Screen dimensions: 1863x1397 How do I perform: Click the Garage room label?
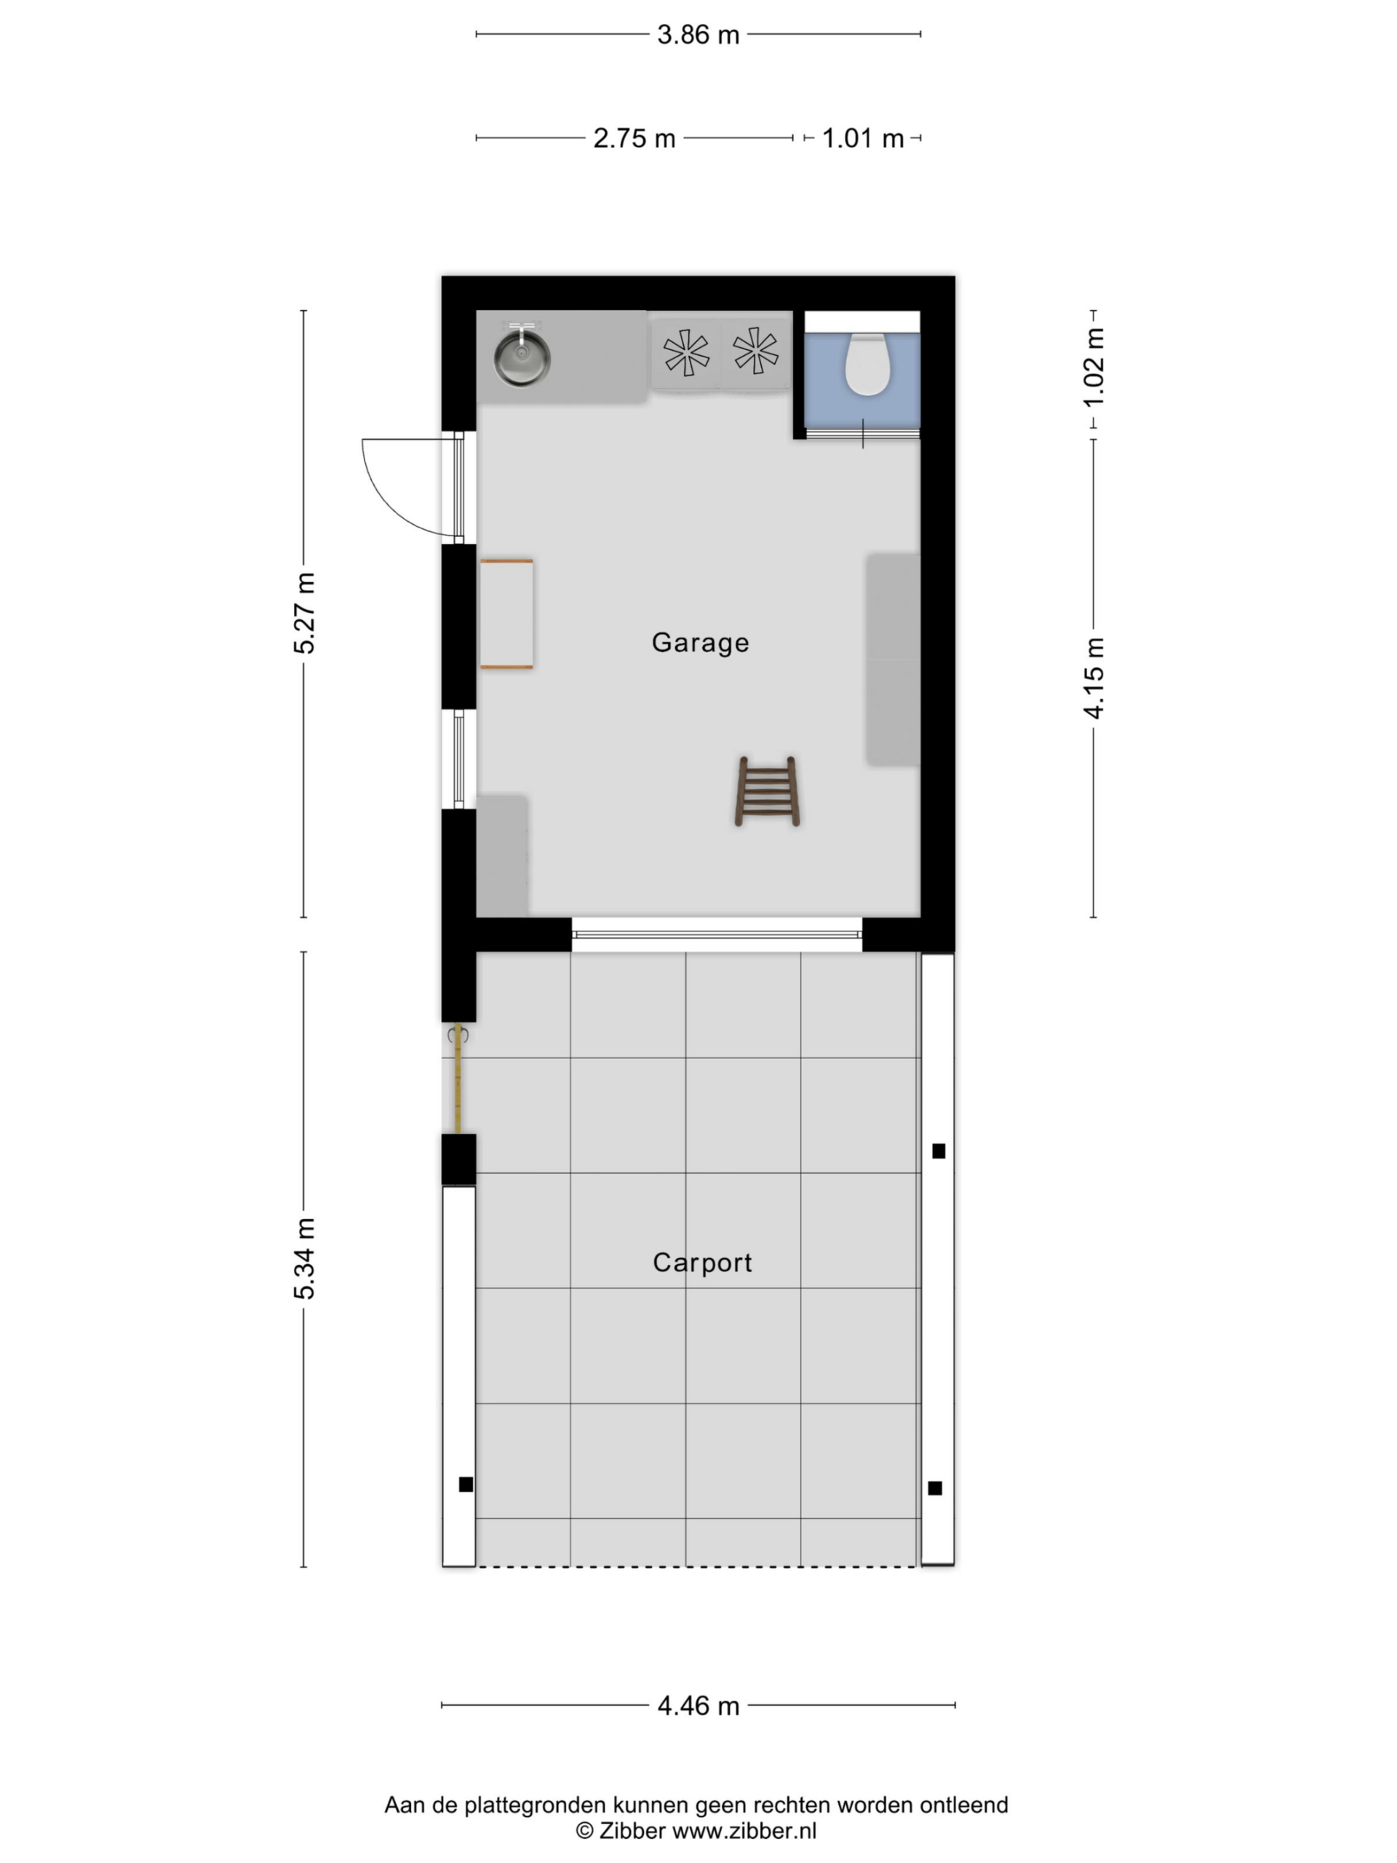[x=700, y=643]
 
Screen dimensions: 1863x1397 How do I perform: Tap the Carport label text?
[x=702, y=1263]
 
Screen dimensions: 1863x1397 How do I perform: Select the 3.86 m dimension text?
[x=698, y=34]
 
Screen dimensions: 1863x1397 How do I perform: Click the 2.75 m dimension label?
[x=634, y=138]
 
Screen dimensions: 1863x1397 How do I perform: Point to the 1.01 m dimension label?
[x=862, y=138]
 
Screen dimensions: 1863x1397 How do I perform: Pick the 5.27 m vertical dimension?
[x=304, y=613]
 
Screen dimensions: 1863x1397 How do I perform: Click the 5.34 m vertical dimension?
[x=304, y=1258]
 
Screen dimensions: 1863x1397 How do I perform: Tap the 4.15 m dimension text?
[x=1093, y=679]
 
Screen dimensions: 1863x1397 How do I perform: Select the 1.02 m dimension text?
[x=1093, y=368]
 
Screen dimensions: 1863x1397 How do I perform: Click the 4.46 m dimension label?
[x=698, y=1706]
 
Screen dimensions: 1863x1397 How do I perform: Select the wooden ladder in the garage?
[x=766, y=791]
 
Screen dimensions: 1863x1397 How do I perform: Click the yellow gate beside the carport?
[x=458, y=1082]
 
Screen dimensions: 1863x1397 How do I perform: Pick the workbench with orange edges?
[x=506, y=614]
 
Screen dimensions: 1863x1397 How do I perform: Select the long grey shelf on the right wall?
[x=893, y=659]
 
